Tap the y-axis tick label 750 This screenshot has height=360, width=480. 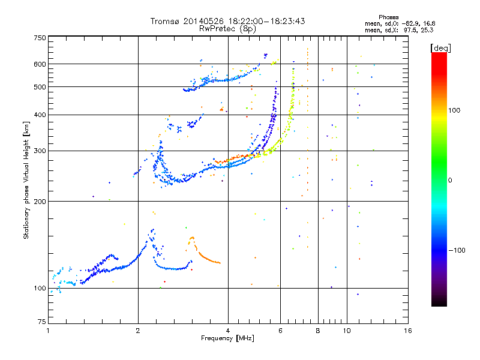click(x=40, y=38)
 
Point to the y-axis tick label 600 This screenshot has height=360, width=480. click(x=40, y=64)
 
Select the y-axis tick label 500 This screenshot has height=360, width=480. click(x=40, y=87)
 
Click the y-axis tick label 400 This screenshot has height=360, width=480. click(x=40, y=115)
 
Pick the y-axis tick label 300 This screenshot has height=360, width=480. click(x=40, y=151)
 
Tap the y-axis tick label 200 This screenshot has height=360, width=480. click(x=40, y=201)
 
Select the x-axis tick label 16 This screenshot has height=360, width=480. click(x=408, y=331)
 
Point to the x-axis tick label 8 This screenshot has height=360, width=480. click(x=318, y=331)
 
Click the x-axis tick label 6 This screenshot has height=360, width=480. click(x=280, y=331)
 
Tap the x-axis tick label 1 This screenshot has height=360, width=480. click(x=48, y=331)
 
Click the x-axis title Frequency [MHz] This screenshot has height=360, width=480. click(x=228, y=339)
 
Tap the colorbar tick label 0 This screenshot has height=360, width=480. click(x=451, y=180)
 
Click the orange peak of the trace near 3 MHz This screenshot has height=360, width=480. click(x=191, y=238)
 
